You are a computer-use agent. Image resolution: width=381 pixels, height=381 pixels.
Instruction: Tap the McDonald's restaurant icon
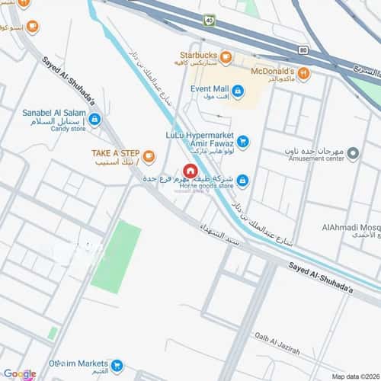pyautogui.click(x=303, y=73)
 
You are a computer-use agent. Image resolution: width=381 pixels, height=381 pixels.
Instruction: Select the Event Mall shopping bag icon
pyautogui.click(x=238, y=92)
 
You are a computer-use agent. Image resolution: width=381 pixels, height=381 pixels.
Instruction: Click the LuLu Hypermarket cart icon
pyautogui.click(x=242, y=140)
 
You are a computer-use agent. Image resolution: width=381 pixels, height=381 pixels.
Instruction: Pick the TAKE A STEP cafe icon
pyautogui.click(x=149, y=157)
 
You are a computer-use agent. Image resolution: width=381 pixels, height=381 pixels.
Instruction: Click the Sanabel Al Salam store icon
pyautogui.click(x=94, y=119)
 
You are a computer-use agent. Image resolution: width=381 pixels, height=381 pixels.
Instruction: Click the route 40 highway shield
pyautogui.click(x=209, y=21)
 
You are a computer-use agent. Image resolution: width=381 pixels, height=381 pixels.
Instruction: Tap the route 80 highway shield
pyautogui.click(x=303, y=51)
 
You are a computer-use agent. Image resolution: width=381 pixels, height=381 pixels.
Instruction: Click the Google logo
pyautogui.click(x=19, y=373)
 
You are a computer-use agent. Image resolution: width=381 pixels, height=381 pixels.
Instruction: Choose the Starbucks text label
pyautogui.click(x=198, y=56)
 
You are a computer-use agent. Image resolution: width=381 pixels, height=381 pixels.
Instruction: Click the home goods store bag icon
pyautogui.click(x=242, y=181)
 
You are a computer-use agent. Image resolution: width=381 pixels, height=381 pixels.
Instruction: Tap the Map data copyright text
pyautogui.click(x=354, y=376)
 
